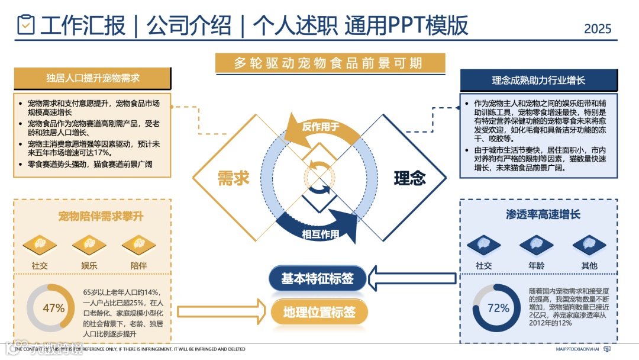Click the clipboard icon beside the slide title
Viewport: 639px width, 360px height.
(x=26, y=24)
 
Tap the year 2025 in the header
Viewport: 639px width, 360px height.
(x=597, y=28)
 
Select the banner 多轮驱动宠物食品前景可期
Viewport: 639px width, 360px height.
(x=330, y=63)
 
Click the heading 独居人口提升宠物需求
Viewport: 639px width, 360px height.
(x=93, y=78)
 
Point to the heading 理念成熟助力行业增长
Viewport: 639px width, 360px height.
(x=538, y=80)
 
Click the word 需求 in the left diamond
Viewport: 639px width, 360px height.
(x=233, y=178)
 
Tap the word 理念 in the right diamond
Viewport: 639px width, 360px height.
(x=410, y=178)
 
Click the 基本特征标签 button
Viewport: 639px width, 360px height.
(x=317, y=278)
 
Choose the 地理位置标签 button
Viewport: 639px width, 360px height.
(x=319, y=312)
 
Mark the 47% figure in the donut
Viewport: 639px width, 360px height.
(x=53, y=308)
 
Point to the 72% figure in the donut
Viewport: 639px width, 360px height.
(x=498, y=308)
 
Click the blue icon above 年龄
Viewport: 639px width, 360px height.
(x=536, y=244)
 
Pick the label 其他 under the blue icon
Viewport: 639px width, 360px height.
(x=589, y=266)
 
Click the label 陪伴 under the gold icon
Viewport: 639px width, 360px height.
(x=138, y=266)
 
